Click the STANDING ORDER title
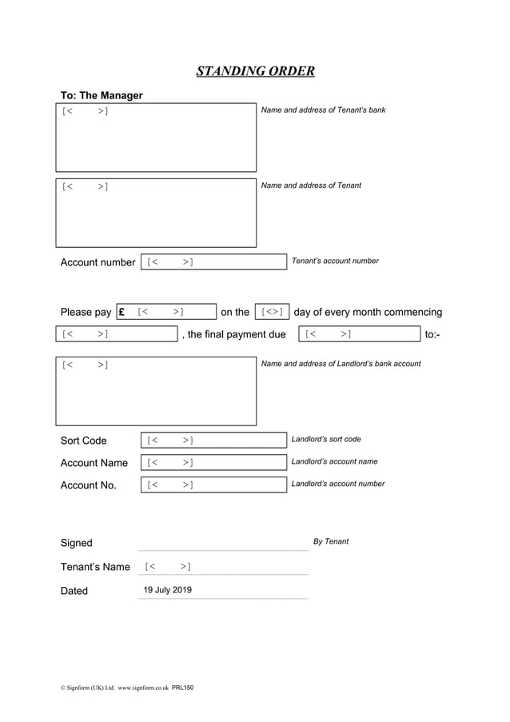(x=255, y=72)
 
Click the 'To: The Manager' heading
(x=102, y=96)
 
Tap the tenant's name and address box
(x=156, y=213)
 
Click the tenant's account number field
(x=213, y=262)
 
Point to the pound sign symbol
(x=122, y=313)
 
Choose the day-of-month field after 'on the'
(x=272, y=312)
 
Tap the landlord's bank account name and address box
(x=156, y=391)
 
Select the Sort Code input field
(x=213, y=441)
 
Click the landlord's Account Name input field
(x=213, y=463)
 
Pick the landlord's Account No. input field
(x=213, y=485)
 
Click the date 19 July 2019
(x=167, y=591)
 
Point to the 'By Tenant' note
(x=331, y=542)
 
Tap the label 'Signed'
(x=77, y=544)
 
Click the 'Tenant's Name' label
(x=95, y=568)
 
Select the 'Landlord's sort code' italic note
(x=326, y=440)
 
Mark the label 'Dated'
(x=74, y=592)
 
